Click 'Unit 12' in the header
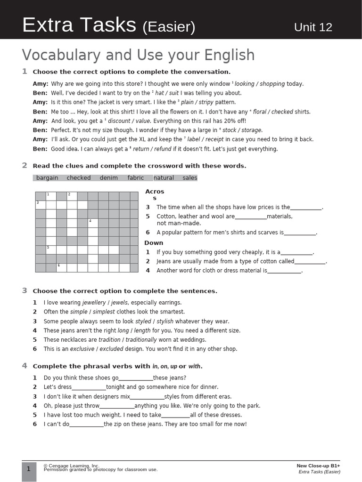pyautogui.click(x=313, y=27)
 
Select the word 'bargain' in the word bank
pyautogui.click(x=47, y=178)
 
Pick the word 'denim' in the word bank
pyautogui.click(x=109, y=178)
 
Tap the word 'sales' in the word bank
pyautogui.click(x=190, y=178)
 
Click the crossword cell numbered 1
pyautogui.click(x=51, y=196)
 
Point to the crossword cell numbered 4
pyautogui.click(x=92, y=223)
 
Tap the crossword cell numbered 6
pyautogui.click(x=61, y=267)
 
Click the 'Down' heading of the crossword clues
pyautogui.click(x=154, y=243)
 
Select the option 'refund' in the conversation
pyautogui.click(x=162, y=149)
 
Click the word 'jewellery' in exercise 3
pyautogui.click(x=94, y=303)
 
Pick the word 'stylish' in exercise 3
pyautogui.click(x=165, y=321)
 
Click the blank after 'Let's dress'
pyautogui.click(x=89, y=388)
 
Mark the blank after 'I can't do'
pyautogui.click(x=86, y=425)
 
